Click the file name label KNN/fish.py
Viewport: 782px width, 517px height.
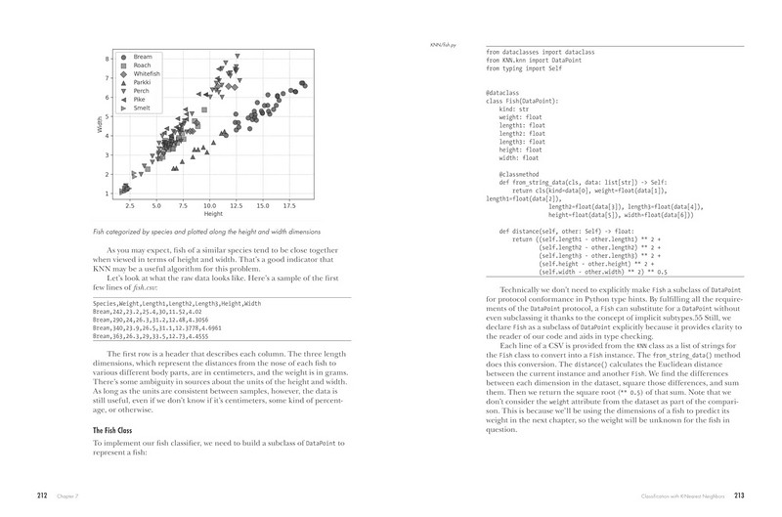pos(445,45)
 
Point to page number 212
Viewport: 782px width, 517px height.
pos(42,495)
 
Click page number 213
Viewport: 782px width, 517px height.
pos(739,495)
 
